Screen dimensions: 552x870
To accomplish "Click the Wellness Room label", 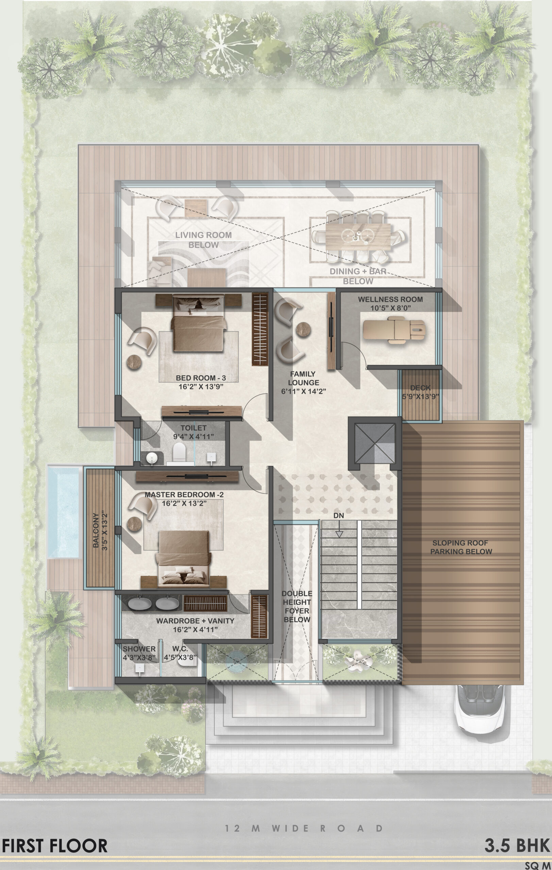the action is (390, 299).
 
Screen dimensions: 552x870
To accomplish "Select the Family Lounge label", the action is (303, 378).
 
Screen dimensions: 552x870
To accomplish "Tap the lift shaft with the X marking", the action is (375, 443).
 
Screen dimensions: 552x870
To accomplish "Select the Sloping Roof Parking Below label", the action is (461, 547).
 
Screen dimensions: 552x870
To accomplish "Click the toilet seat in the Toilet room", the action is (179, 452).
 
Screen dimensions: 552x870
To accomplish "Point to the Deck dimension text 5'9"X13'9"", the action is (420, 396).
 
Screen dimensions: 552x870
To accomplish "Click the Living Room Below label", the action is (203, 240).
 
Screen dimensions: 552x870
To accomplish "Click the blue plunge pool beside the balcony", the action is (63, 511).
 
